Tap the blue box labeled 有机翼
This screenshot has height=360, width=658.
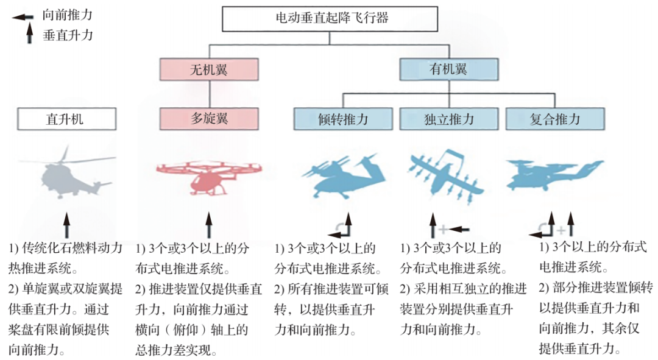(x=448, y=69)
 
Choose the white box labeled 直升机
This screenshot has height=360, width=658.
(x=66, y=119)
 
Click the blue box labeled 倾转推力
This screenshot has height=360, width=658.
(x=343, y=119)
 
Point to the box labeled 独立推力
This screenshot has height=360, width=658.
(x=448, y=119)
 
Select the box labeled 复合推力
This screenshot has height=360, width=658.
(x=554, y=119)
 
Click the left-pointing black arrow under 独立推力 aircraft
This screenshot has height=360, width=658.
(x=460, y=230)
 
